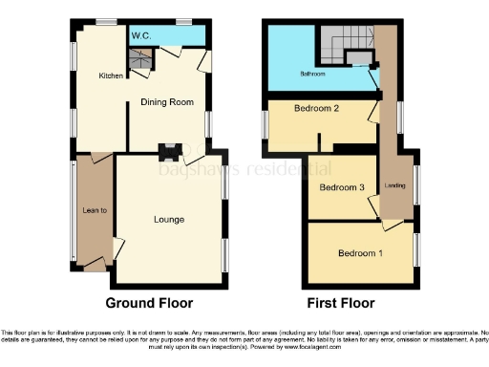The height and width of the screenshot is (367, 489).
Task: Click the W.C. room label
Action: (141, 35)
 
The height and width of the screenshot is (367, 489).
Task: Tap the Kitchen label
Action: (112, 75)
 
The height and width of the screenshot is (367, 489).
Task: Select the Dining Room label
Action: (167, 101)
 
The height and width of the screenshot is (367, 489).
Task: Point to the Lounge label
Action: (168, 219)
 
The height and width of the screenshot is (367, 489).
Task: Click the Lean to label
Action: (94, 210)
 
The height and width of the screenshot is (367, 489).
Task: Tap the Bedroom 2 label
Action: (317, 109)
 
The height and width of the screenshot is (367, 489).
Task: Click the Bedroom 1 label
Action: (361, 253)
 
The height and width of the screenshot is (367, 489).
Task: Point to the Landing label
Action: (393, 185)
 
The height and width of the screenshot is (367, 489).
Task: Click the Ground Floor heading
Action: (149, 303)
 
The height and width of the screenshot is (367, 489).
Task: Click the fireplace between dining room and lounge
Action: (170, 150)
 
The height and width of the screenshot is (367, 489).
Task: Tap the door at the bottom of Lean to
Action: (96, 269)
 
